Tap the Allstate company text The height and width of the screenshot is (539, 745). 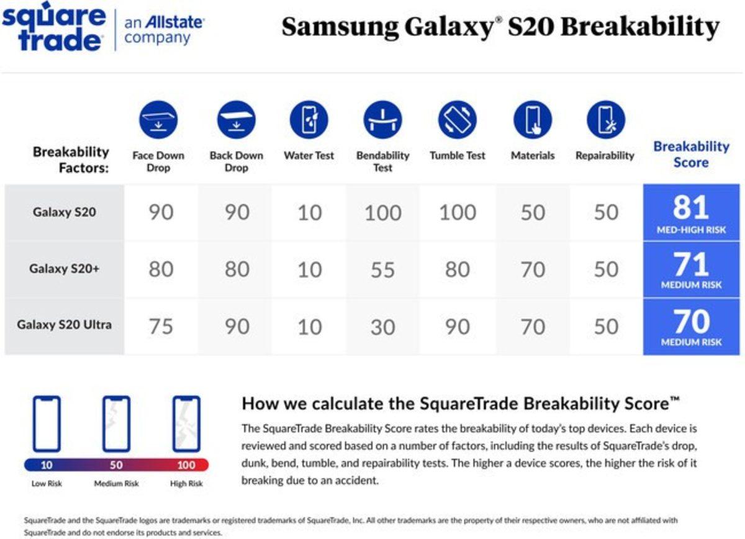164,29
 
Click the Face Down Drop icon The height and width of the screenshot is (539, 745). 158,120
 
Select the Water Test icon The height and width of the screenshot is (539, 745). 309,120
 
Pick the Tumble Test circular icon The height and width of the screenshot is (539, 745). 457,120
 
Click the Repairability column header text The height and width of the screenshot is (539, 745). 605,156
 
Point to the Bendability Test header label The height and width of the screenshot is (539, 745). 383,161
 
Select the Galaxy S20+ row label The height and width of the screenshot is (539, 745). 64,269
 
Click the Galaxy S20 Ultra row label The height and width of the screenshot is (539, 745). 64,325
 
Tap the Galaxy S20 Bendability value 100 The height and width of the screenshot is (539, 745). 383,213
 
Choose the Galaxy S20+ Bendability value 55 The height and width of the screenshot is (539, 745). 383,270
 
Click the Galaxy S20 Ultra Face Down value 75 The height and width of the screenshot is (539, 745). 161,327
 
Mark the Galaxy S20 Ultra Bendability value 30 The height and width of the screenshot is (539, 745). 383,327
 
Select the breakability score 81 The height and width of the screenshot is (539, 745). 690,208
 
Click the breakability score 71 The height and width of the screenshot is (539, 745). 690,265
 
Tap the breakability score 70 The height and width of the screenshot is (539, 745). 690,322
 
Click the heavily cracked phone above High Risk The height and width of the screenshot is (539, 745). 186,423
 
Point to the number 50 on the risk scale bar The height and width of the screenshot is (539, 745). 116,465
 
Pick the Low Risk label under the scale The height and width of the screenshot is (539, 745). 47,484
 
